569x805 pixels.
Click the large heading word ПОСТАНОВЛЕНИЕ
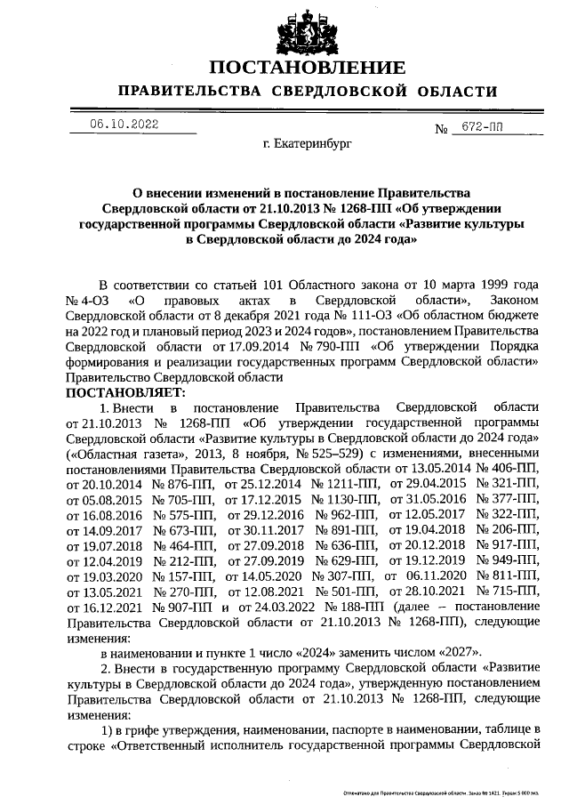point(307,68)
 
